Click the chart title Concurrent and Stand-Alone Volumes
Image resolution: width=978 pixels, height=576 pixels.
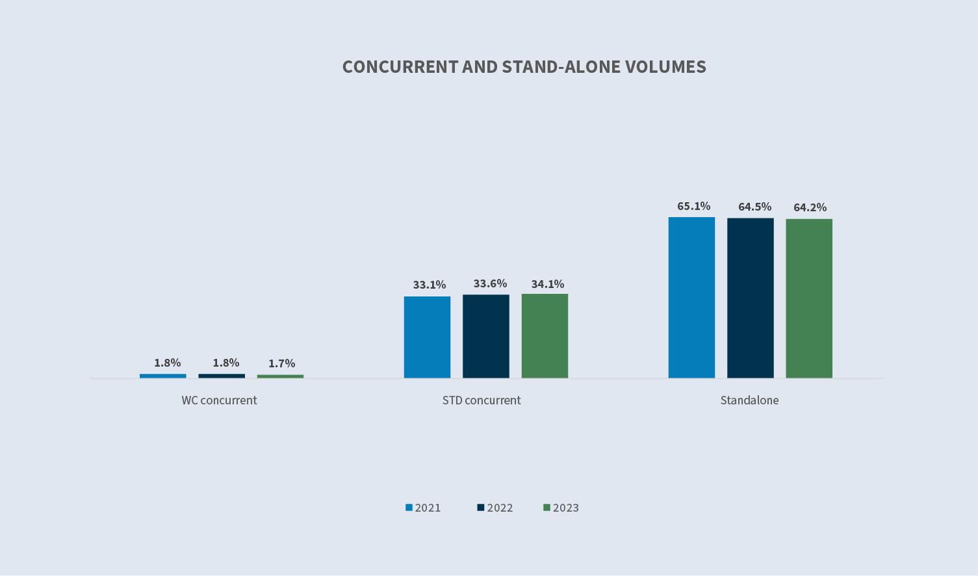[x=524, y=67]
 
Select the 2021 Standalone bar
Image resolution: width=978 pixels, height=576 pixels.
[x=691, y=297]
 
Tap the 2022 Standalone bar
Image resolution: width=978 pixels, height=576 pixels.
[x=750, y=298]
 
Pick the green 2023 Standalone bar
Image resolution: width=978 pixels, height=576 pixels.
[x=808, y=298]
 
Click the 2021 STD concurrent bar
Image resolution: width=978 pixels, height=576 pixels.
[x=427, y=337]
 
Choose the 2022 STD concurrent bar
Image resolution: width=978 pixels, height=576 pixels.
[x=485, y=336]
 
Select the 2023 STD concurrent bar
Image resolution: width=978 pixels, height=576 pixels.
[x=545, y=335]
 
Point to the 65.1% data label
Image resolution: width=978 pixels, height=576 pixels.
[x=693, y=206]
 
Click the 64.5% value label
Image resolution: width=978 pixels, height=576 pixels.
[x=754, y=207]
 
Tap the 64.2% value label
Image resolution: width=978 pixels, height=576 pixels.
[x=810, y=207]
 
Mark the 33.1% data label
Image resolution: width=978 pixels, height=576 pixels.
[x=429, y=285]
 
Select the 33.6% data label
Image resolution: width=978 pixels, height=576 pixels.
[x=490, y=283]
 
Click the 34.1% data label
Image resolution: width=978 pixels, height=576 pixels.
[x=547, y=284]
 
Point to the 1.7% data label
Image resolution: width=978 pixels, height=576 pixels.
[x=281, y=363]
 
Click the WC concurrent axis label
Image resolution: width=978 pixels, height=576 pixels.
[x=219, y=400]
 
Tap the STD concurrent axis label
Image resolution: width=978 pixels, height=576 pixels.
[x=481, y=400]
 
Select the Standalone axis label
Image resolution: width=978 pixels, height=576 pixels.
[x=749, y=400]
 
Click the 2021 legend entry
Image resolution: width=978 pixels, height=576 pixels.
[x=423, y=508]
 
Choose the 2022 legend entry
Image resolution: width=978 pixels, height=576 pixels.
[x=495, y=508]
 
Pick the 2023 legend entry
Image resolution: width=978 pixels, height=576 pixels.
[x=561, y=508]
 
